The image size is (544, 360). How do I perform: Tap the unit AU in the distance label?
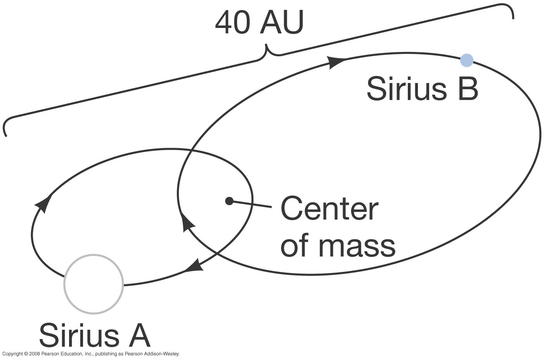(282, 23)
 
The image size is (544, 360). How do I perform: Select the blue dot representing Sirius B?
(466, 61)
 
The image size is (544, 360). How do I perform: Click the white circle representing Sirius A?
(94, 284)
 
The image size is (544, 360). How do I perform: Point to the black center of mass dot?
(229, 201)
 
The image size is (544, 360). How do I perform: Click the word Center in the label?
(329, 209)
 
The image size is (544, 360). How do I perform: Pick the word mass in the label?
(357, 246)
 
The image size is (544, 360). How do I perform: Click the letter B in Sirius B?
(468, 88)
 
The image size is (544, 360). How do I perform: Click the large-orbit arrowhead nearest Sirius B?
(336, 62)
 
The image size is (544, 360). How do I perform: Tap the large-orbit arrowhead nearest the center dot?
(188, 224)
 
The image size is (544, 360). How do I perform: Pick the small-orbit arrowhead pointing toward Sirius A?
(194, 266)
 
